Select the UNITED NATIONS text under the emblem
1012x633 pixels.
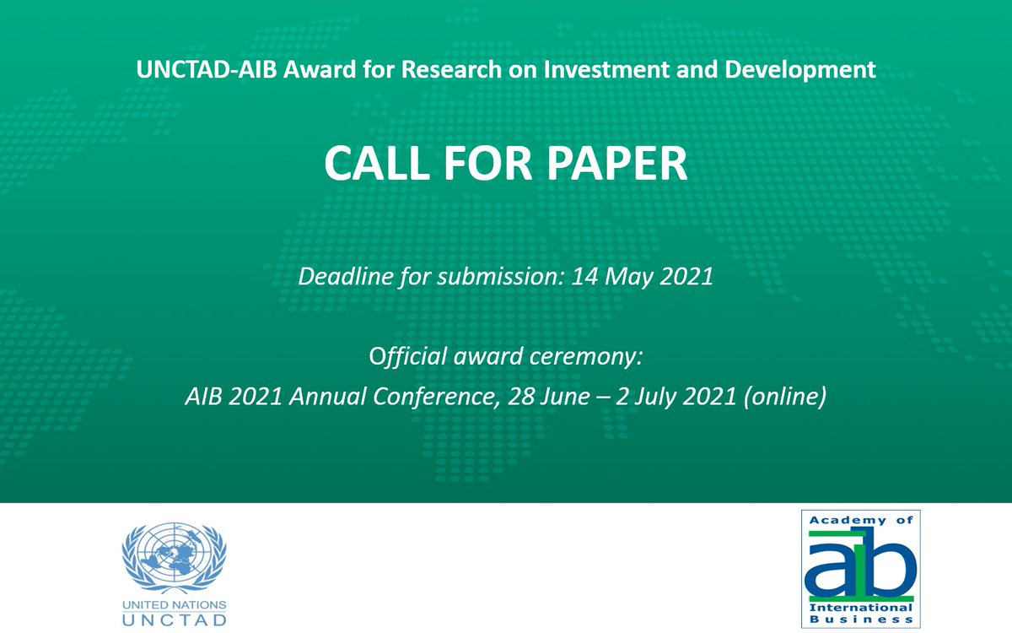(175, 605)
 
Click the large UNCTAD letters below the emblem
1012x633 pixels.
(175, 620)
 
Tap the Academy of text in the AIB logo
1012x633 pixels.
(861, 521)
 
